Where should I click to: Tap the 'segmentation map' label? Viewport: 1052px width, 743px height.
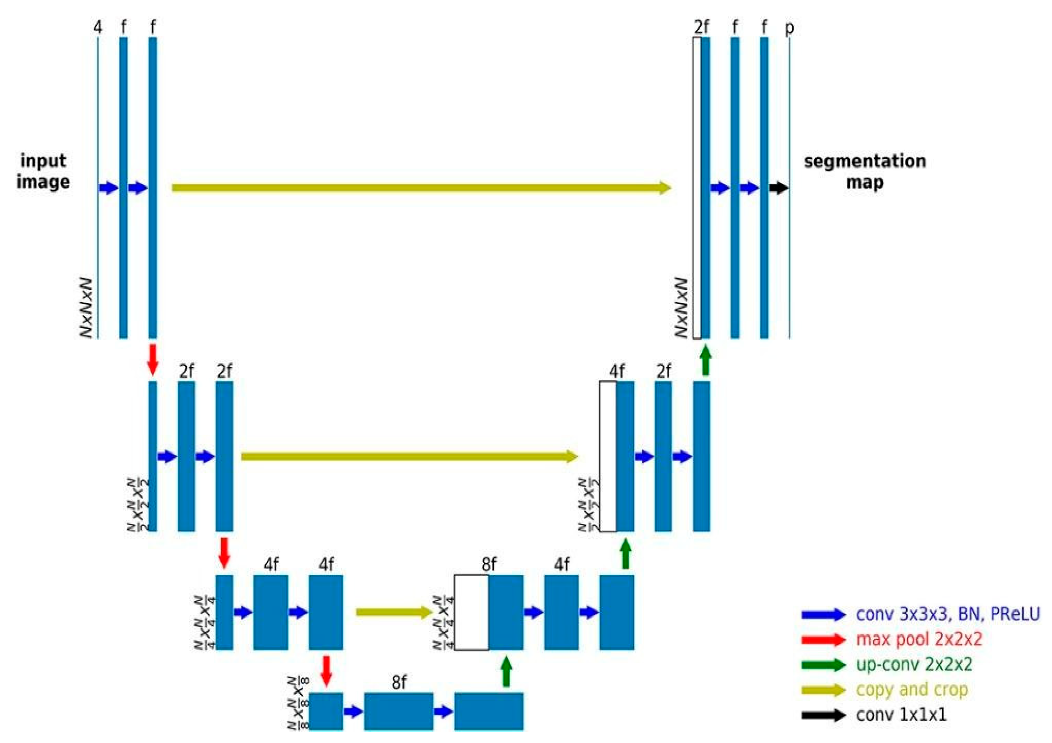(x=865, y=171)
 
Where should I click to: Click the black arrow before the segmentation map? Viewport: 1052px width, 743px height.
(x=779, y=187)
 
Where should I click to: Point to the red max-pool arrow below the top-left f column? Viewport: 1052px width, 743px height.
(x=152, y=360)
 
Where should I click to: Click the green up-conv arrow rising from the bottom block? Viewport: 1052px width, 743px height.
(x=506, y=671)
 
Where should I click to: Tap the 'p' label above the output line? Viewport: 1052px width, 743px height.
(x=789, y=28)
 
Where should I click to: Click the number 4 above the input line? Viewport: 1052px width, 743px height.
(x=98, y=28)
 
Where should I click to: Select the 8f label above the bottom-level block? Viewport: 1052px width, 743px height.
(x=399, y=683)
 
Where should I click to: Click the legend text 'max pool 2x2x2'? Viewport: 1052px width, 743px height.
(x=919, y=639)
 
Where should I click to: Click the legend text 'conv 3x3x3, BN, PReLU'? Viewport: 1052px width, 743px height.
(x=947, y=614)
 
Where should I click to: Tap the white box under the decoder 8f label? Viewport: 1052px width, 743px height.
(x=472, y=612)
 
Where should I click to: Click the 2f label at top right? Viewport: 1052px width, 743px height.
(x=701, y=28)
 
